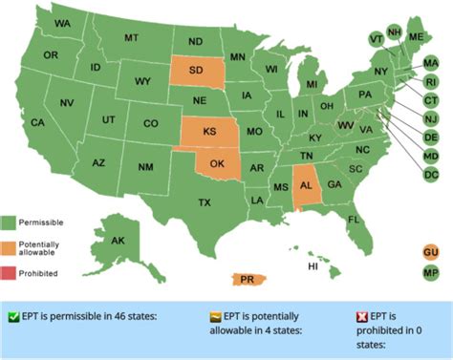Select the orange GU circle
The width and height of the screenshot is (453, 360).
[x=430, y=251]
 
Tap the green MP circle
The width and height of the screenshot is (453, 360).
[x=430, y=272]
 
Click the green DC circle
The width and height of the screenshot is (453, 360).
[x=431, y=175]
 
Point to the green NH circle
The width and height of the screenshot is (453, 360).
[x=394, y=32]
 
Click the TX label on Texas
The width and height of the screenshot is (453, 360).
[x=204, y=202]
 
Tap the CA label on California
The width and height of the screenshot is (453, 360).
[x=38, y=122]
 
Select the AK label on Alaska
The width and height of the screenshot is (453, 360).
[x=119, y=241]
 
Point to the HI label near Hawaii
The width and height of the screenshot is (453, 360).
[x=313, y=266]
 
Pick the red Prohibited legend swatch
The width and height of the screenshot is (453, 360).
[x=9, y=273]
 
